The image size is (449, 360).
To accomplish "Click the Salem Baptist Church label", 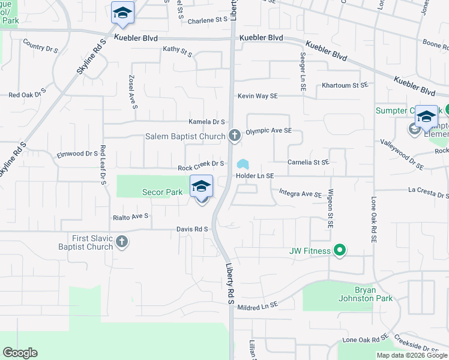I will pyautogui.click(x=185, y=136).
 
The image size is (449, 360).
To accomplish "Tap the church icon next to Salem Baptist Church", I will pyautogui.click(x=235, y=136).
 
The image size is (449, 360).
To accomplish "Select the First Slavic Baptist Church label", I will pyautogui.click(x=85, y=242).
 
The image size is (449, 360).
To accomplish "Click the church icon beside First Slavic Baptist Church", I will pyautogui.click(x=122, y=242).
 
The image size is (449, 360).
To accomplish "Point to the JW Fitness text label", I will pyautogui.click(x=310, y=251).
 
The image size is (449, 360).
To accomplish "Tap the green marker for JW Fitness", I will pyautogui.click(x=340, y=250).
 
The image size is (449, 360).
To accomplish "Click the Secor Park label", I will pyautogui.click(x=161, y=193).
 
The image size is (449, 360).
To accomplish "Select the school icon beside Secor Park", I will pyautogui.click(x=202, y=187).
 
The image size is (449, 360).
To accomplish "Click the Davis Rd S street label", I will pyautogui.click(x=192, y=229).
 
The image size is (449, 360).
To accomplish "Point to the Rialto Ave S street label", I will pyautogui.click(x=130, y=216).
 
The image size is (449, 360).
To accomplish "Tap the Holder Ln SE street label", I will pyautogui.click(x=255, y=176).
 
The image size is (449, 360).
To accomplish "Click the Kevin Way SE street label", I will pyautogui.click(x=257, y=96).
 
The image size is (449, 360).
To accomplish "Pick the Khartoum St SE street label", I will pyautogui.click(x=344, y=85).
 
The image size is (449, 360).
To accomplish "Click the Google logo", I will pyautogui.click(x=20, y=353).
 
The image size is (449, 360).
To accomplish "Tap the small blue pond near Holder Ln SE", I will pyautogui.click(x=243, y=164).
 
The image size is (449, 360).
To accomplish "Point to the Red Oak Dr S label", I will pyautogui.click(x=27, y=95).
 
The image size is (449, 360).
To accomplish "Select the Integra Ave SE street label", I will pyautogui.click(x=301, y=194).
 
